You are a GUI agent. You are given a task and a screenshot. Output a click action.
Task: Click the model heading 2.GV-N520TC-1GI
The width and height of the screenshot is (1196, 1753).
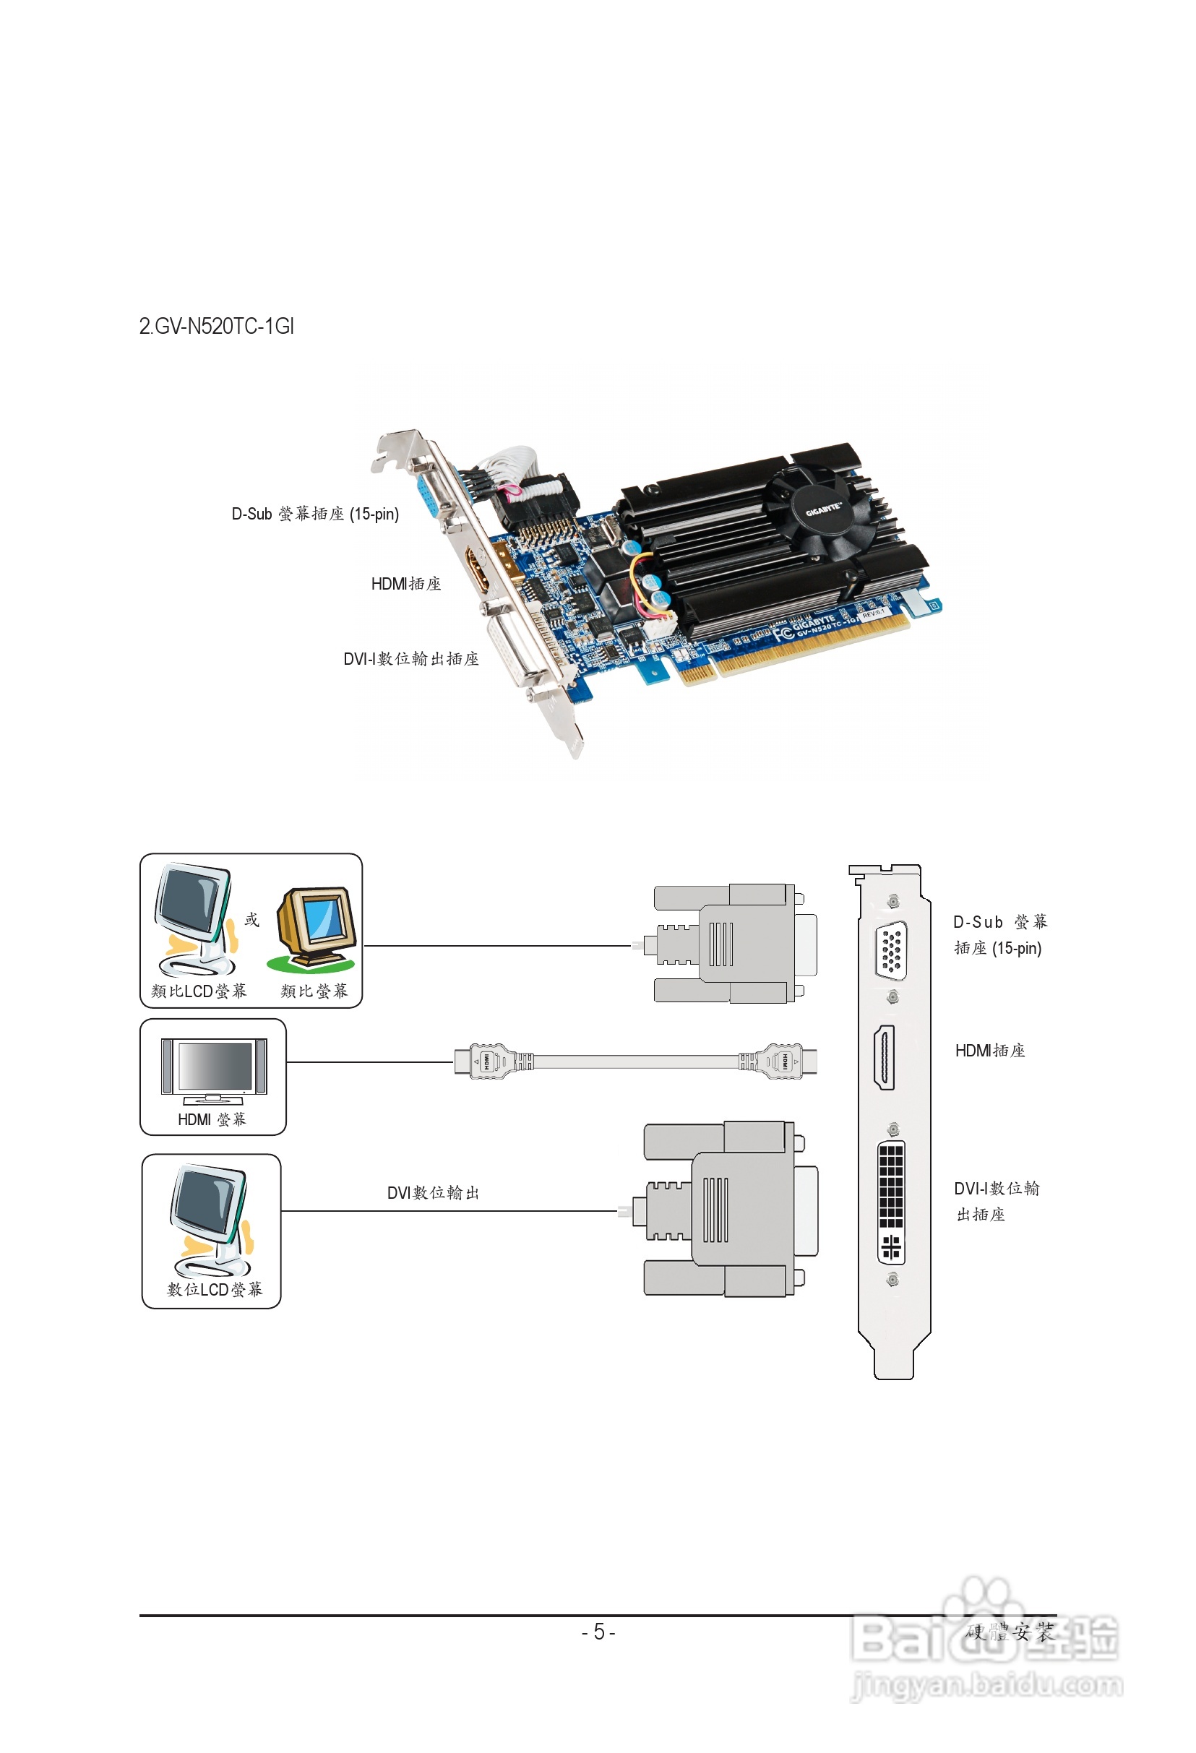coord(217,326)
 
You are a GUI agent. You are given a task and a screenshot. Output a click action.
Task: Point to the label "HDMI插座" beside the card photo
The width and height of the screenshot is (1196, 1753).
coord(406,583)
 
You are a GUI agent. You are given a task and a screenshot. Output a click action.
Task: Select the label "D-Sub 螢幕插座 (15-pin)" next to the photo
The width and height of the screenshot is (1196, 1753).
coord(314,514)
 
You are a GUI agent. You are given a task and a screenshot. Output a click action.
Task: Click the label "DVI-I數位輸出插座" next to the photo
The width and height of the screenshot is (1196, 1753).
coord(411,658)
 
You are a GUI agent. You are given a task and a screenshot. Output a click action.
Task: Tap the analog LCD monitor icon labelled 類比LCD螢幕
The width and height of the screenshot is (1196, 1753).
coord(194,920)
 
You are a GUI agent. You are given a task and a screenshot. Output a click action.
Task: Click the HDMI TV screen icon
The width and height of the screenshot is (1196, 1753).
coord(213,1067)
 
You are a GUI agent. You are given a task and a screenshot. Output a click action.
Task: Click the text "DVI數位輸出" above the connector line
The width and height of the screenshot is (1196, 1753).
coord(433,1192)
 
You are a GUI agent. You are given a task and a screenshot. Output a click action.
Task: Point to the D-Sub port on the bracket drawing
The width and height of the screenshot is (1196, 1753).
coord(891,949)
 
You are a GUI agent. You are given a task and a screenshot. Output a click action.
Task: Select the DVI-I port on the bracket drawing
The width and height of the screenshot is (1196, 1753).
coord(891,1202)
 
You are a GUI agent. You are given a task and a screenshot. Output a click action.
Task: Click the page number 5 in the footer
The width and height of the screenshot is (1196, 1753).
coord(598,1632)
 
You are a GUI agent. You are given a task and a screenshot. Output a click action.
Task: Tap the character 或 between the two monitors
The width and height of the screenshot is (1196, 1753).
coord(252,920)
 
